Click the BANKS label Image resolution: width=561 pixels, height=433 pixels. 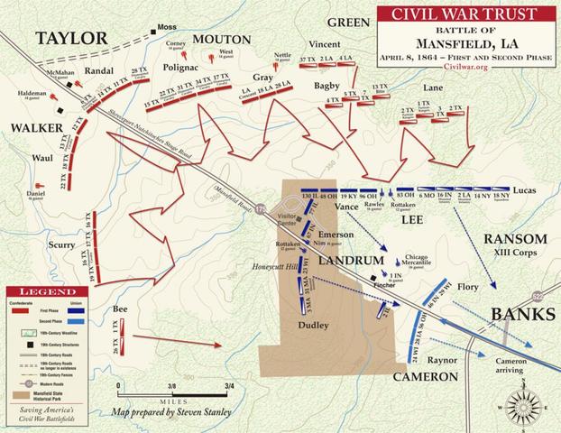tap(520, 314)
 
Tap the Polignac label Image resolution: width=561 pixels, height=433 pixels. tap(182, 67)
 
